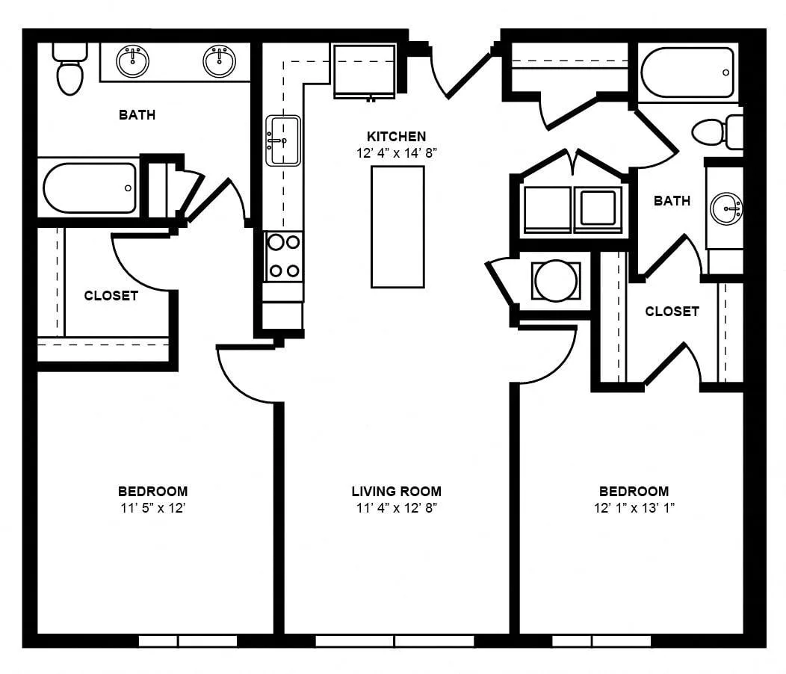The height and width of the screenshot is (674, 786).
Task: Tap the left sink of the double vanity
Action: coord(133,61)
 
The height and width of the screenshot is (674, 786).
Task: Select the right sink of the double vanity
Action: coord(219,61)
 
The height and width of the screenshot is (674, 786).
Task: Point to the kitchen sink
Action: coord(283,140)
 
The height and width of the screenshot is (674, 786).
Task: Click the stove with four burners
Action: coord(284,256)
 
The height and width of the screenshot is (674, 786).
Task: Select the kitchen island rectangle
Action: coord(397,226)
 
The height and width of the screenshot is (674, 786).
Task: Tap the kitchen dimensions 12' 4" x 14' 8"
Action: coord(397,153)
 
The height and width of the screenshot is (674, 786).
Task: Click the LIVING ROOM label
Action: coord(397,491)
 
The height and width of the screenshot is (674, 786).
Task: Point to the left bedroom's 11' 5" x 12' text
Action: coord(153,508)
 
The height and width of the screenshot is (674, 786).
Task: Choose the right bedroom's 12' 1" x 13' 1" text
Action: coord(634,508)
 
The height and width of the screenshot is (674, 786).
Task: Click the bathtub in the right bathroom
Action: coord(687,72)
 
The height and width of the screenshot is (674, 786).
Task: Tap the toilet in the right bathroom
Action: coord(717,132)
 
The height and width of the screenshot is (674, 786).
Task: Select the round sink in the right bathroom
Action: coord(726,208)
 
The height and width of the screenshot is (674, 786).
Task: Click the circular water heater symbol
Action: coord(556,280)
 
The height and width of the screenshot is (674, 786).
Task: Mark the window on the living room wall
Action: coord(395,641)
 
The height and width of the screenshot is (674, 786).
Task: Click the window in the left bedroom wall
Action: coord(188,641)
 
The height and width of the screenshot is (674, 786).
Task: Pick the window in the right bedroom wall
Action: coord(601,641)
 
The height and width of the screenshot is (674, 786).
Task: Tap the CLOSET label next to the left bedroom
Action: coord(111,295)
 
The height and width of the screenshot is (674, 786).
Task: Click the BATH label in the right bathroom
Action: coord(672,200)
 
